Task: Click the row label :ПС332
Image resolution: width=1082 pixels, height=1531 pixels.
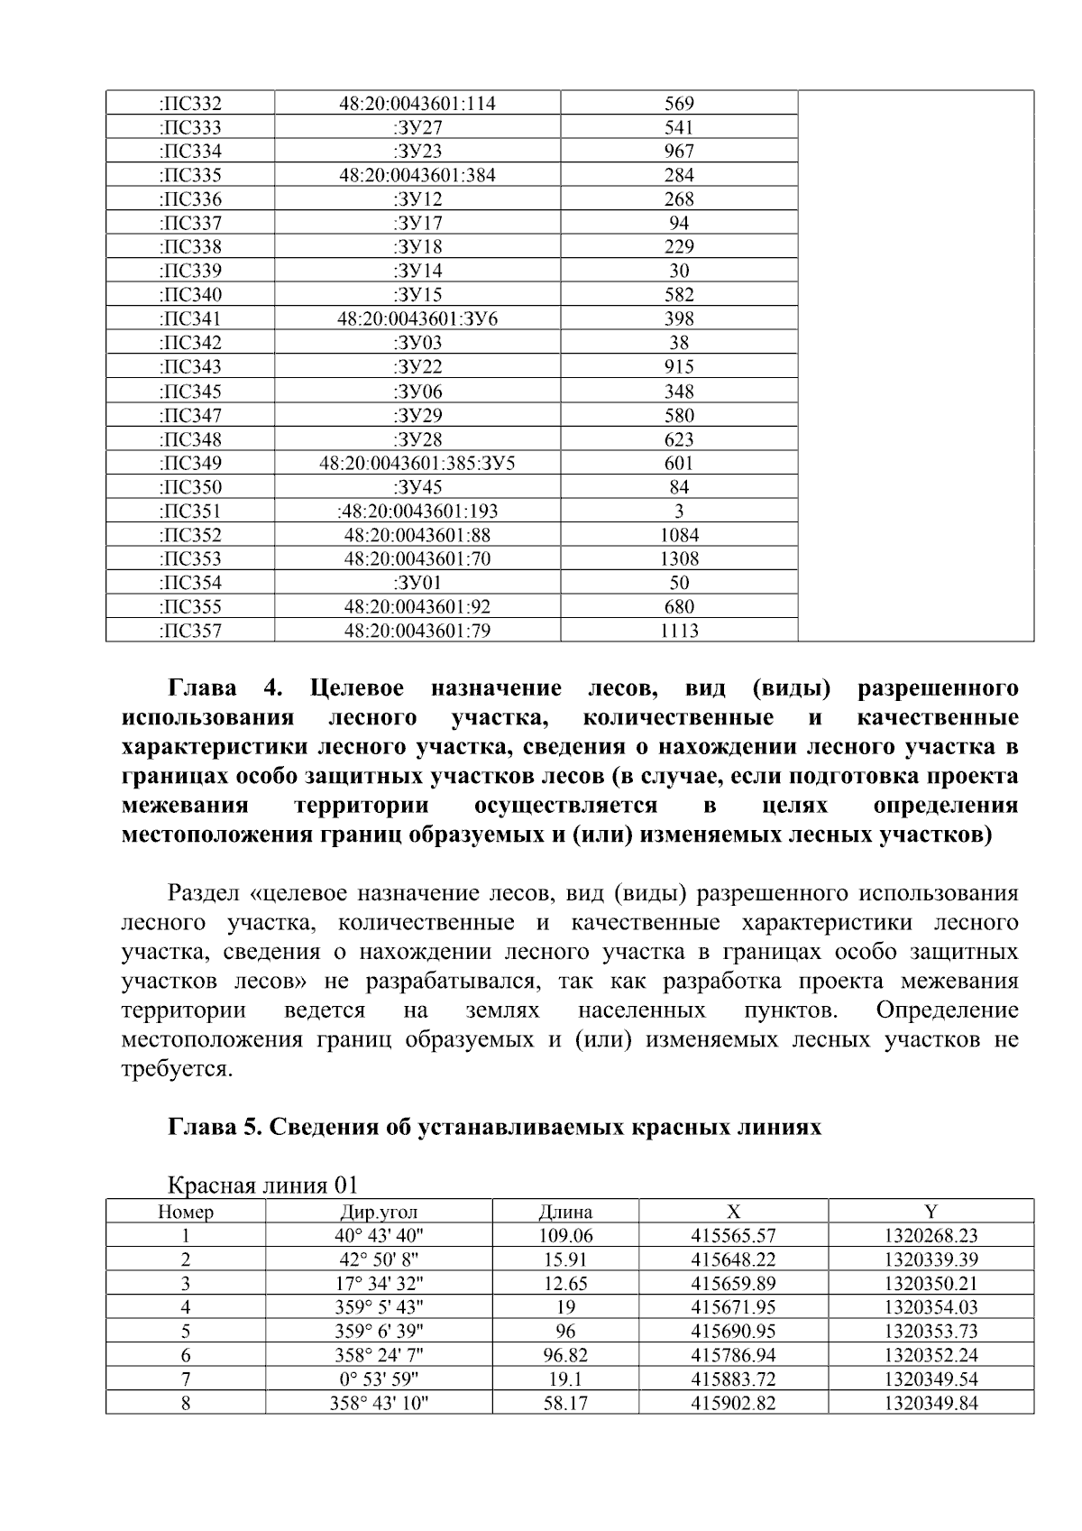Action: (x=189, y=104)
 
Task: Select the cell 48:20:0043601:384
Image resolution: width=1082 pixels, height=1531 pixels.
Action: (x=417, y=175)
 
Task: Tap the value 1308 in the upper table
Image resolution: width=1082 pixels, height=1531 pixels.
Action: (x=679, y=558)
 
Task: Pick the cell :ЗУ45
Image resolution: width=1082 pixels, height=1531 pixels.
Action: (x=417, y=487)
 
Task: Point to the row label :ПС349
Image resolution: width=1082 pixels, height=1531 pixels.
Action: (x=189, y=463)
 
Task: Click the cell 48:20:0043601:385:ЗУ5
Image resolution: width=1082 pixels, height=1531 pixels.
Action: (x=417, y=463)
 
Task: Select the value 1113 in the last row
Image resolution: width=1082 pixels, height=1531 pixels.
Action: (x=679, y=631)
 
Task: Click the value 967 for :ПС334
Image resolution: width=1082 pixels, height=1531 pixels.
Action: (x=679, y=152)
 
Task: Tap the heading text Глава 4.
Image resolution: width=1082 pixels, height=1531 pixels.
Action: (x=225, y=689)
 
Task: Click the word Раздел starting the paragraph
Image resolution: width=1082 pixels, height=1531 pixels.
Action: (x=203, y=894)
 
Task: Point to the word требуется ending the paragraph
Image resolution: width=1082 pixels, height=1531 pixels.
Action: (x=176, y=1069)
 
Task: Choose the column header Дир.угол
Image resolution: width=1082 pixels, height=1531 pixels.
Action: (x=379, y=1213)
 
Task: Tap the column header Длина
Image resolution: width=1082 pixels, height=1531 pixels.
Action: (x=565, y=1213)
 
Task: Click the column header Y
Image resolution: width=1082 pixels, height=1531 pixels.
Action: (x=931, y=1212)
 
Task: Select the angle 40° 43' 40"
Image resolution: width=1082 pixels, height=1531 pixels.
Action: (x=379, y=1236)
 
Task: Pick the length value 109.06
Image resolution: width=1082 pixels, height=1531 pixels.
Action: (x=565, y=1236)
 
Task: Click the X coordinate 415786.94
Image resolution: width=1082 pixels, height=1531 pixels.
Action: (x=733, y=1355)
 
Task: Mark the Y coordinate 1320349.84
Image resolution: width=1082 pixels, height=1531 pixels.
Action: (x=931, y=1403)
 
